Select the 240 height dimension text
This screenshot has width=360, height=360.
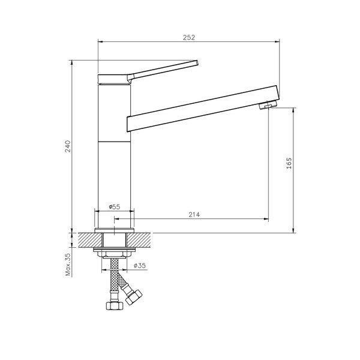[68, 146]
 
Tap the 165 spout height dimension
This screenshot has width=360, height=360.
[289, 163]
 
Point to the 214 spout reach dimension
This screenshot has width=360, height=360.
[193, 215]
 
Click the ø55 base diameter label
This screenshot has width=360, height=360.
[114, 206]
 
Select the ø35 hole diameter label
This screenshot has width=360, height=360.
[140, 265]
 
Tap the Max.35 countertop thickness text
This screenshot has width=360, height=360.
[68, 264]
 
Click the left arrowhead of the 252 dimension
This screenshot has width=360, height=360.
[100, 41]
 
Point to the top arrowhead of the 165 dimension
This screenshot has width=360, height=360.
[293, 110]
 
